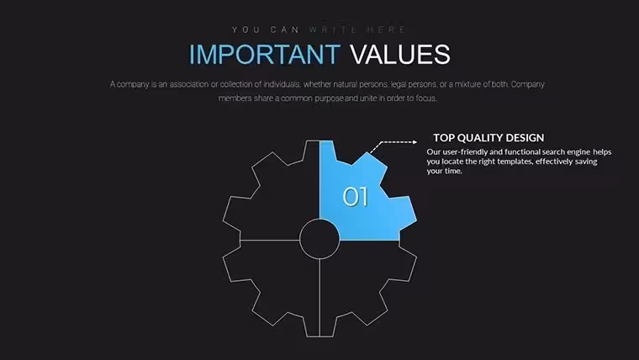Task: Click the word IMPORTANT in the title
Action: (265, 54)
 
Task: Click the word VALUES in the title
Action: (400, 54)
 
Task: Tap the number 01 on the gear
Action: (356, 197)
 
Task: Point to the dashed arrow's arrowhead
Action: (415, 142)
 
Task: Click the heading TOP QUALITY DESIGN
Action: (488, 138)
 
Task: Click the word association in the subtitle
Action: (188, 84)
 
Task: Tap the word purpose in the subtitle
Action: (330, 98)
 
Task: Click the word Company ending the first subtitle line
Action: (528, 84)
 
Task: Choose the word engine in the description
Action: (578, 152)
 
